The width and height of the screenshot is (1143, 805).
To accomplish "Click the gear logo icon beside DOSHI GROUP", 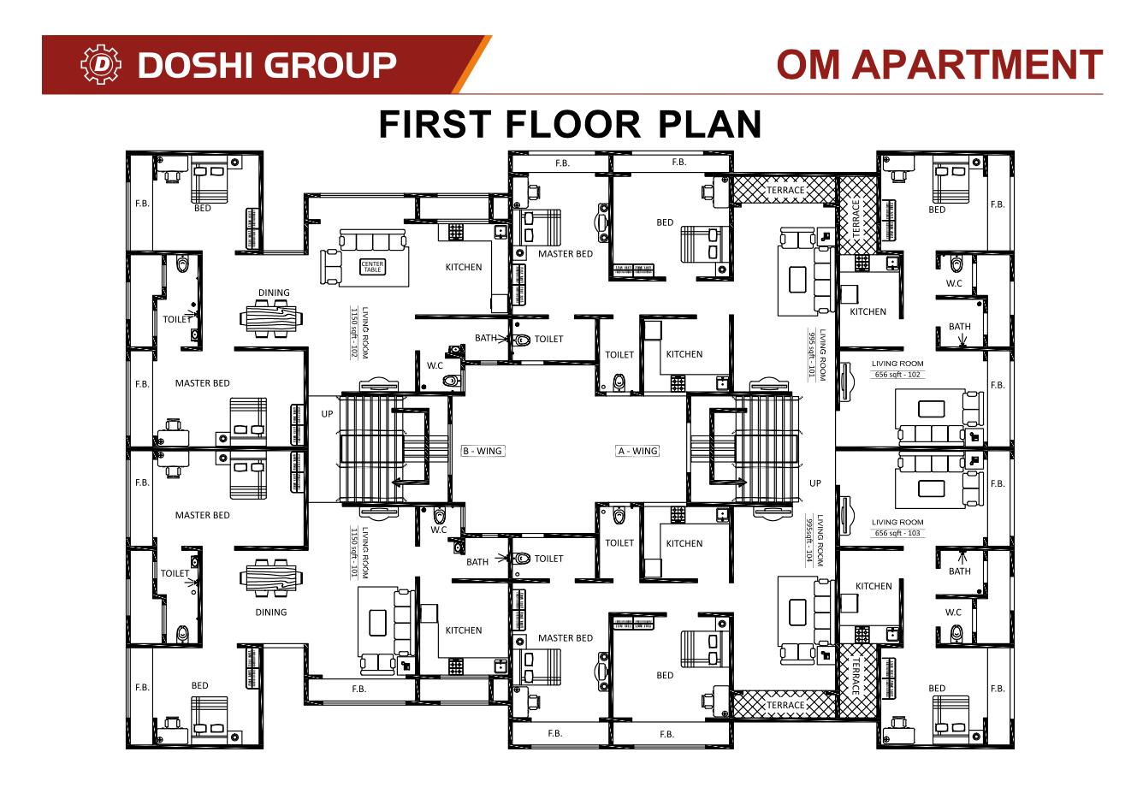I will point(101,65).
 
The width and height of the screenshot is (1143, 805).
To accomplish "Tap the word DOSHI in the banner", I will point(193,65).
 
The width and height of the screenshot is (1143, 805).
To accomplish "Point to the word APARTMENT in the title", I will point(977,65).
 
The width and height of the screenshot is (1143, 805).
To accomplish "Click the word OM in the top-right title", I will point(808,65).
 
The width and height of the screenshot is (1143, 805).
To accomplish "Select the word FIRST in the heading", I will point(435,125).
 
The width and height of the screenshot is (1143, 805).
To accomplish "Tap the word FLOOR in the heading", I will point(572,125).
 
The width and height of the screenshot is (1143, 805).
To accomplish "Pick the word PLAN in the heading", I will point(709,125).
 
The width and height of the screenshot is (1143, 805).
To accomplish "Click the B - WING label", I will point(483,451).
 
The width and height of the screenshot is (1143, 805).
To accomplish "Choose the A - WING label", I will point(638,451).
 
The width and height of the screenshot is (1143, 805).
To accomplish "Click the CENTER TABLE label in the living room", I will point(372,267).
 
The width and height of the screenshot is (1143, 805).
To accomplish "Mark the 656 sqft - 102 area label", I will point(897,375).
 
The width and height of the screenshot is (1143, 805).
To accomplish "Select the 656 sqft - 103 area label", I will point(897,533).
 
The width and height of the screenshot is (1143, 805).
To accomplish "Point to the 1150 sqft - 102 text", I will point(353,333).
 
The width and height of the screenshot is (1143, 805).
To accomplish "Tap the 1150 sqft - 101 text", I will point(353,553).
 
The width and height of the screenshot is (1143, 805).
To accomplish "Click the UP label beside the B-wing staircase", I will point(327,414).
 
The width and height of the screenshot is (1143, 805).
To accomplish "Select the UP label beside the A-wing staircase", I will point(815,483).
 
